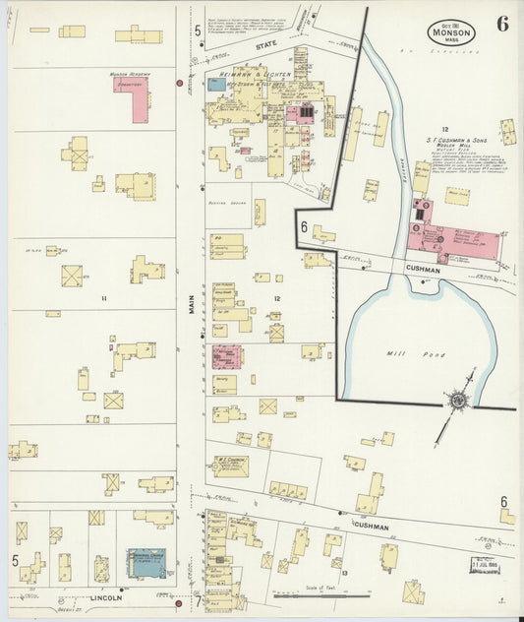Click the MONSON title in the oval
(451, 32)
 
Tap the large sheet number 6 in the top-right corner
(502, 25)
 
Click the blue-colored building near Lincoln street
(146, 563)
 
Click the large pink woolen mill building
(454, 240)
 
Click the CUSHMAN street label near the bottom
(371, 527)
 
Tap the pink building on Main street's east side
(227, 356)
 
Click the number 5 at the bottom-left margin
(16, 561)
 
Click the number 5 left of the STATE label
(197, 31)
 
